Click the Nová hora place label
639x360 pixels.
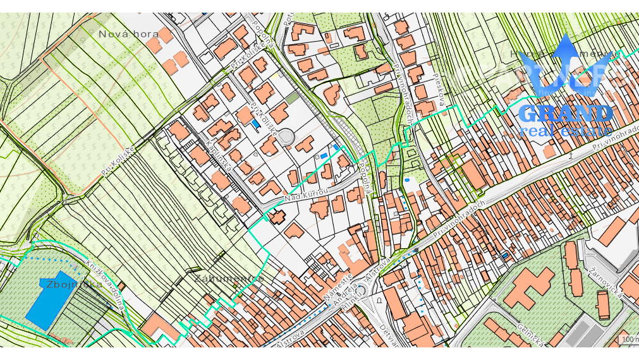(129, 34)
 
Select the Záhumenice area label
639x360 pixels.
(229, 278)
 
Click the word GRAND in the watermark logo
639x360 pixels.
(565, 114)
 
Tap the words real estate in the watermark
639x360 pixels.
(565, 131)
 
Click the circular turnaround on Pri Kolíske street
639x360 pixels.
(286, 136)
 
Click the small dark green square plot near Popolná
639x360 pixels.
(291, 98)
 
